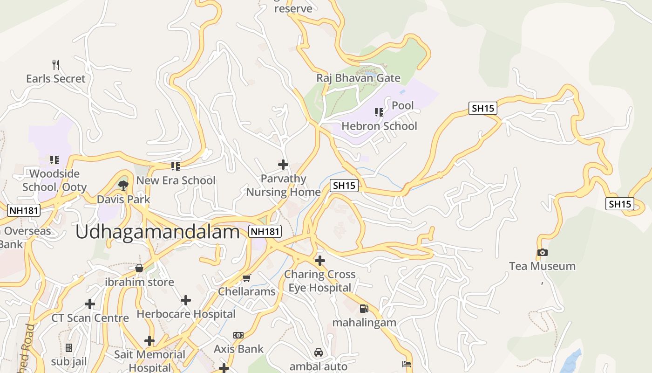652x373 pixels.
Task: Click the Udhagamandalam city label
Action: (157, 231)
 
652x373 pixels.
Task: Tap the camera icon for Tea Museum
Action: (542, 252)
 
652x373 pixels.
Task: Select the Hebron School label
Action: (379, 126)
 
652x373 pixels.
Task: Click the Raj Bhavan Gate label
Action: (358, 78)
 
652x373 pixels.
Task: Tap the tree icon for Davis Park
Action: (123, 186)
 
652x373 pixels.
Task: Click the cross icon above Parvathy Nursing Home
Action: (283, 165)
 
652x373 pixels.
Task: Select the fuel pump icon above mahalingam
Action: (364, 308)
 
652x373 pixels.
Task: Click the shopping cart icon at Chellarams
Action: (246, 278)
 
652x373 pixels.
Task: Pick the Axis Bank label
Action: (238, 349)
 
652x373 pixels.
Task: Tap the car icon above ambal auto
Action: (319, 352)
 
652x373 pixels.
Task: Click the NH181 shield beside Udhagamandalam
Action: (265, 231)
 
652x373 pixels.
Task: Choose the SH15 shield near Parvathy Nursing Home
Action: (344, 185)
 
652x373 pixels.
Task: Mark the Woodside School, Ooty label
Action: (54, 180)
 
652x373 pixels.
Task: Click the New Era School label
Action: (176, 180)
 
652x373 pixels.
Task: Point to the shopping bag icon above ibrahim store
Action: (139, 268)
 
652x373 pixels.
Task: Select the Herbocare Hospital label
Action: (186, 314)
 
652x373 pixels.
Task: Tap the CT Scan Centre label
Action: (90, 318)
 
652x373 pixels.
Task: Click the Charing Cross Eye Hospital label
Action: (319, 281)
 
